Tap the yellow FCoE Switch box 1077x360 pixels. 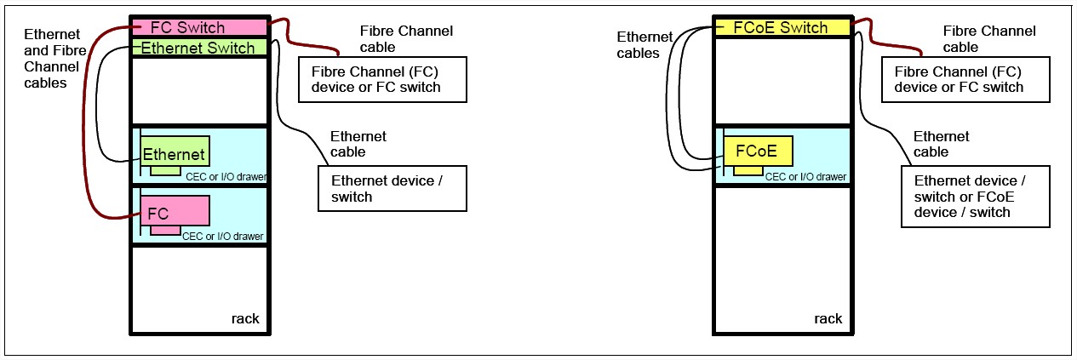782,27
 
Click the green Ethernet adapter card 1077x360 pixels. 175,153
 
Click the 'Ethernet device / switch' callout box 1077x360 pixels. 392,188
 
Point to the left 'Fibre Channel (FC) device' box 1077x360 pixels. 382,79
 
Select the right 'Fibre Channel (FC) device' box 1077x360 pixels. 965,79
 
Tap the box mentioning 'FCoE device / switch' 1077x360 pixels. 973,197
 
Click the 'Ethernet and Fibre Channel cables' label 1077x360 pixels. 52,59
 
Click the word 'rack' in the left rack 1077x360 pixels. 245,319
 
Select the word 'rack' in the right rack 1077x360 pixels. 828,319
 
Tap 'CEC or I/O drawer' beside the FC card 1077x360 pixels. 223,236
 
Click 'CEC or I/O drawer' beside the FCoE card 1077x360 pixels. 805,177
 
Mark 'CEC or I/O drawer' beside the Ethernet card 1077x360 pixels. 226,177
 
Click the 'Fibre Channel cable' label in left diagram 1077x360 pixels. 406,39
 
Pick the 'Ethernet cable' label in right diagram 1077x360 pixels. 941,144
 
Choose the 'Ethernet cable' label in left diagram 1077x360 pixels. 358,144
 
